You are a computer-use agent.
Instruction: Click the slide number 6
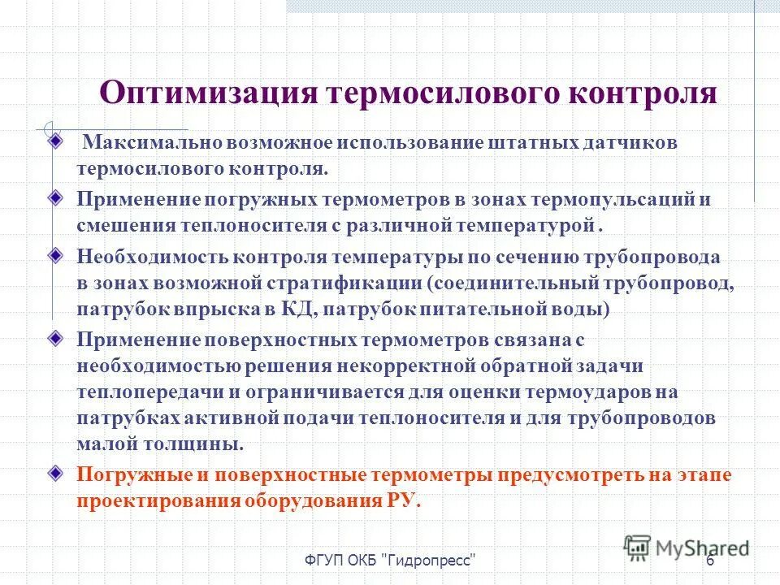(710, 562)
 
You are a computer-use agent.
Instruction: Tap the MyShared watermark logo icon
(638, 546)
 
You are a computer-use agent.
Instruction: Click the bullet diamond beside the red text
(54, 472)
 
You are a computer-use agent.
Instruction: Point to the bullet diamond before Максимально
(54, 140)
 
